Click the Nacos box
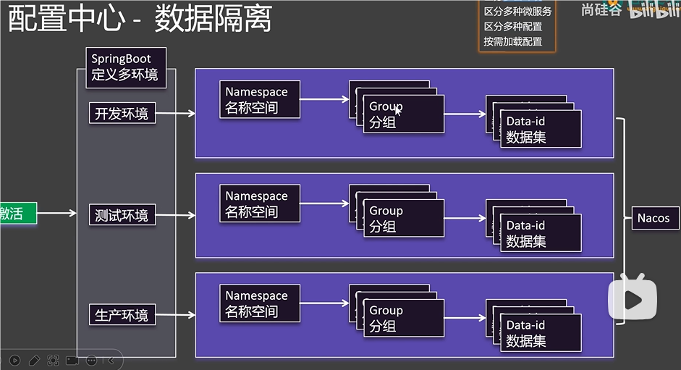tap(653, 218)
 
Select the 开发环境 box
tap(122, 114)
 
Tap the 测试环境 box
tap(122, 215)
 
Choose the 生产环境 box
tap(122, 315)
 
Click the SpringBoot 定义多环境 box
tap(125, 67)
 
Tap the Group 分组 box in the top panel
tap(403, 115)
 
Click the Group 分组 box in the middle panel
tap(403, 219)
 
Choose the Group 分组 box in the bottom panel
tap(403, 319)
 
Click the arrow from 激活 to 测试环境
tap(56, 213)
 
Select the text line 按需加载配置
tap(512, 41)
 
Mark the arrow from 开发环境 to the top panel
tap(175, 114)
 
